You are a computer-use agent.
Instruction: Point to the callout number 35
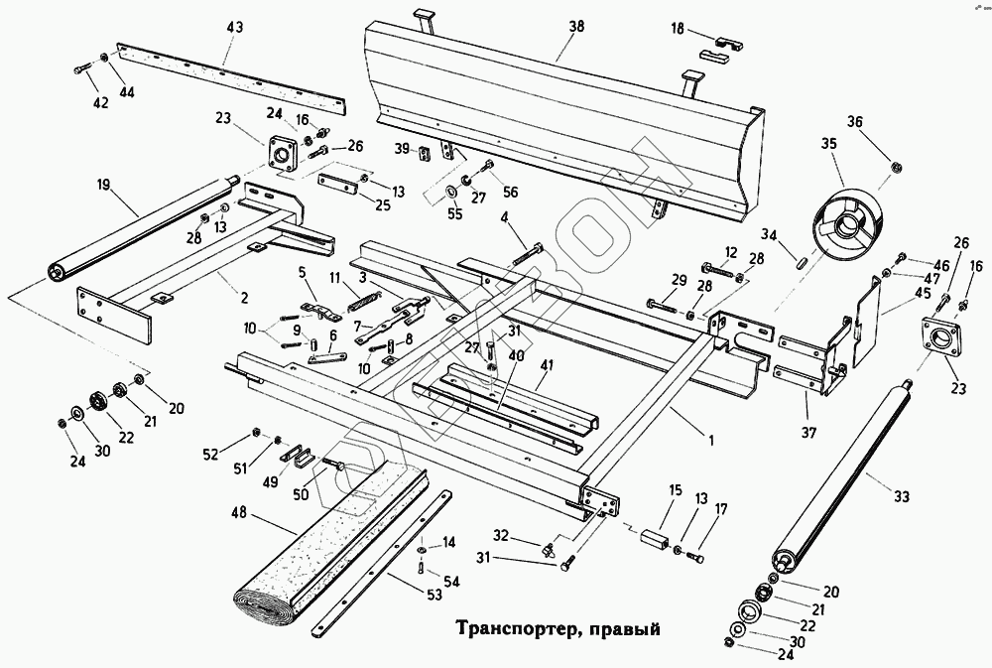[x=828, y=144]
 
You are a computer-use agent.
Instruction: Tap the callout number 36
[x=855, y=123]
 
